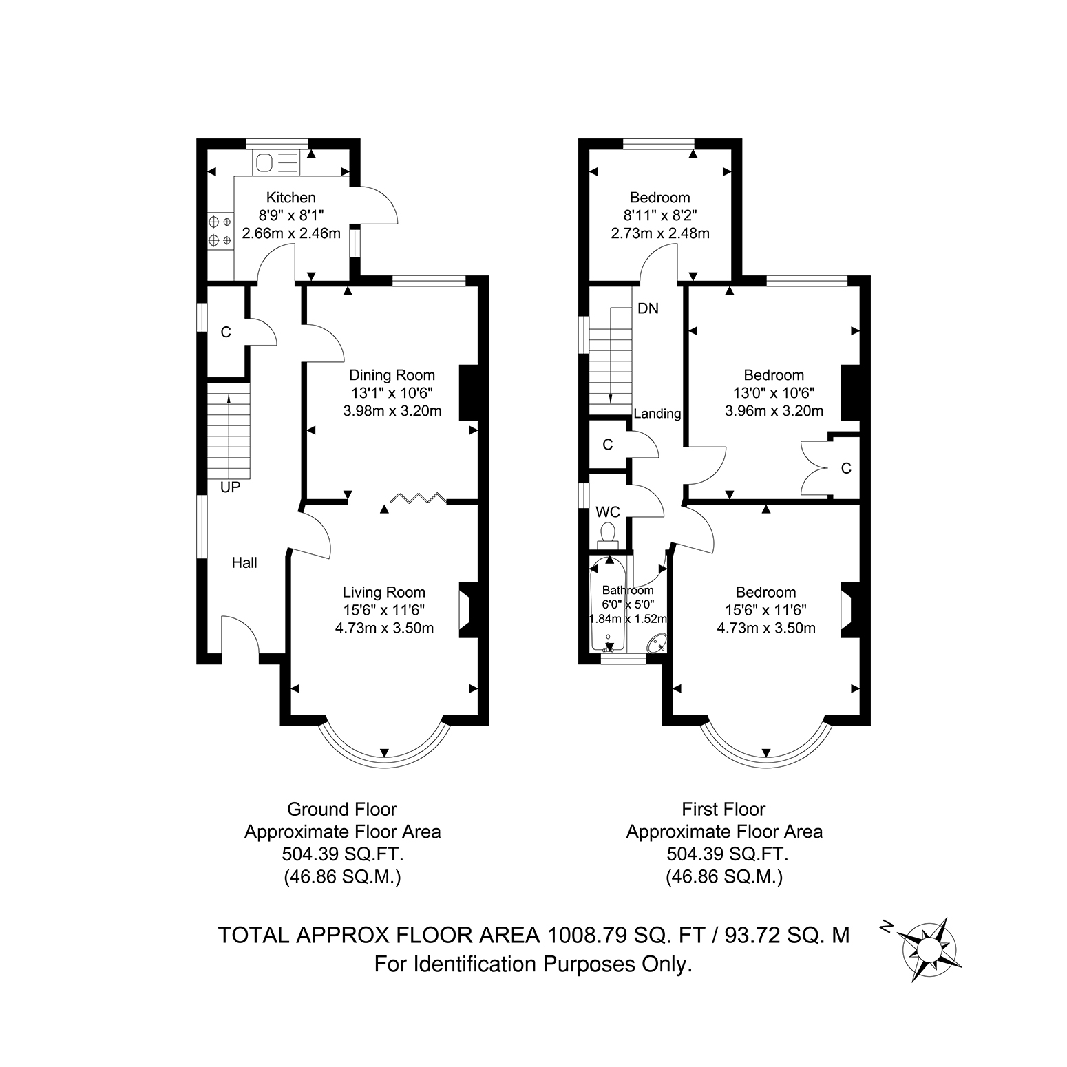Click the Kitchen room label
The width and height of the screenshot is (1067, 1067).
291,198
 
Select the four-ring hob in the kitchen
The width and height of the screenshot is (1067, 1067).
220,231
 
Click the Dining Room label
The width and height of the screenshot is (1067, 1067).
392,375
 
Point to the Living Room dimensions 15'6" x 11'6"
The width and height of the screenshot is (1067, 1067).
384,610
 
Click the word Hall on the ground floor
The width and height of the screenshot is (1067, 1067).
244,563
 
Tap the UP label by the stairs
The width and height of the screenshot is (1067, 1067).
230,487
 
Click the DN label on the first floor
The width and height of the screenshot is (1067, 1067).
648,308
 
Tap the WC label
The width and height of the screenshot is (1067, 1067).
608,512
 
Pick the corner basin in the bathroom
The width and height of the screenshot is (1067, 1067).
657,643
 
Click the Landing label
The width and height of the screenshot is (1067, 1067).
657,414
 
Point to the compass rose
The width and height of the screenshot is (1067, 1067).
931,949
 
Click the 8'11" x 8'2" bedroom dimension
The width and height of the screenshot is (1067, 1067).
660,215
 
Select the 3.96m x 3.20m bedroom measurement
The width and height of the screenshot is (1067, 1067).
774,411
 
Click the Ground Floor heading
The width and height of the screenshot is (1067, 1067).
342,809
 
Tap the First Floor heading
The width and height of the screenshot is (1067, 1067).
724,809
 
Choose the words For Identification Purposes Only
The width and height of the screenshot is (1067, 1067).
533,964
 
